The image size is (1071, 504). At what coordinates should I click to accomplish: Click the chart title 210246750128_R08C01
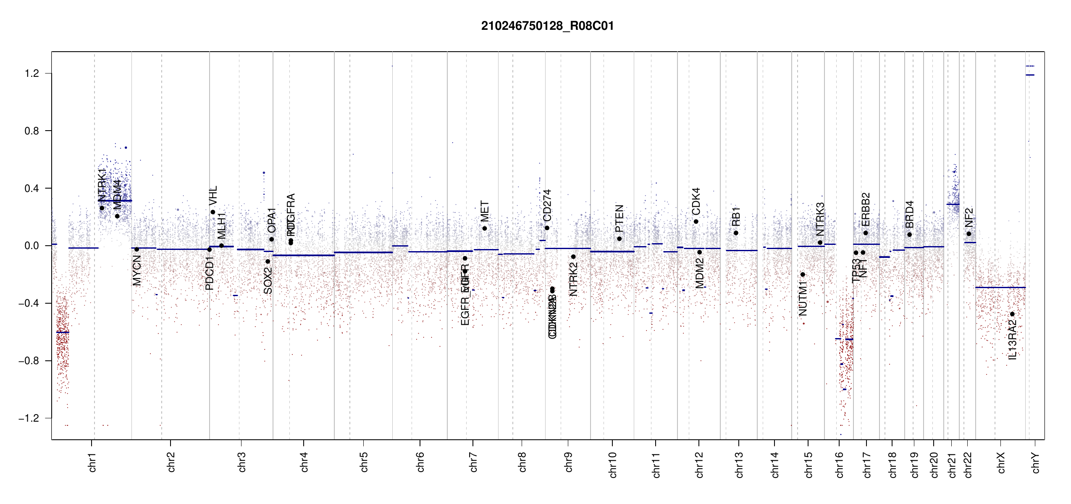[547, 26]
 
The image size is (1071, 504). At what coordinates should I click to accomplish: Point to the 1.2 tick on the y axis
[31, 73]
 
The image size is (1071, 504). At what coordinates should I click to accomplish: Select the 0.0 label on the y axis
[31, 246]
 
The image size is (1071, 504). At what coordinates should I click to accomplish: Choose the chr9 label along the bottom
[569, 462]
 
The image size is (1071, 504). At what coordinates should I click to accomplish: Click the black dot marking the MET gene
[485, 228]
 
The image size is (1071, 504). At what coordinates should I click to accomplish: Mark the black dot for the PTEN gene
[619, 239]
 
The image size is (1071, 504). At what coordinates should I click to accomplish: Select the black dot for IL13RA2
[1012, 314]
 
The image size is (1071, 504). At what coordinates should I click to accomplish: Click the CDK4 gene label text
[696, 201]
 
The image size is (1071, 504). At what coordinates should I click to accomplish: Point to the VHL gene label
[213, 196]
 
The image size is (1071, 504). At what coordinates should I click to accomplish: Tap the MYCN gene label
[137, 270]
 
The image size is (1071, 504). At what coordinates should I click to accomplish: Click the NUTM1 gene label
[803, 299]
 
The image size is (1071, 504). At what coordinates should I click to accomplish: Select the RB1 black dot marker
[736, 233]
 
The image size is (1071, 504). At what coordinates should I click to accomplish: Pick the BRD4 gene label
[909, 214]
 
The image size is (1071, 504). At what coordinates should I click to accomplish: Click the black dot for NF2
[969, 234]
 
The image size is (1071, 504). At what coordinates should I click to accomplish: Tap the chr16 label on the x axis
[840, 465]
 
